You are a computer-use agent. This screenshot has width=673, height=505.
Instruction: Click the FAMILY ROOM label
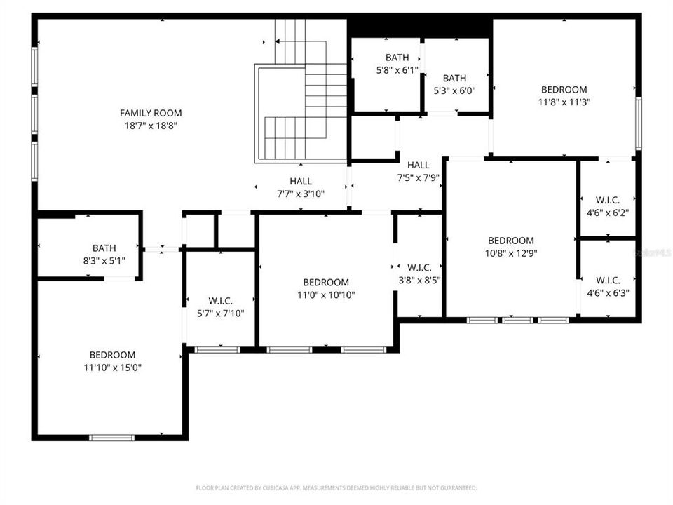click(150, 113)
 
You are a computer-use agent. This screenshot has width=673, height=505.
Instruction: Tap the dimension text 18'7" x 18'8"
click(150, 126)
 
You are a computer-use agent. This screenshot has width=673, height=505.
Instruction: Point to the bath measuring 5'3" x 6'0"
click(454, 84)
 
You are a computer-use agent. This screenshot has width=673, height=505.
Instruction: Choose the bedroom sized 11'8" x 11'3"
click(564, 95)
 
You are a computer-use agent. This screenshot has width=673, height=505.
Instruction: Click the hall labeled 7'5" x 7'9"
click(418, 171)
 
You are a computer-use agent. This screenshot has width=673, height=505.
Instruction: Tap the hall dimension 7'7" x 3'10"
click(301, 194)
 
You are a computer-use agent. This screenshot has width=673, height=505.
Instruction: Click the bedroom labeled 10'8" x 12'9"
click(510, 246)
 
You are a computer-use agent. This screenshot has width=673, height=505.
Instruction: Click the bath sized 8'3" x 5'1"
click(104, 254)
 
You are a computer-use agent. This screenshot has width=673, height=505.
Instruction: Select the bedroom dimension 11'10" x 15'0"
click(112, 367)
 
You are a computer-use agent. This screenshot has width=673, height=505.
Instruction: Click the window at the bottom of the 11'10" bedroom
click(111, 438)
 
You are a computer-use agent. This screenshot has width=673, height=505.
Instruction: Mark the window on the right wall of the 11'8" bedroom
click(638, 123)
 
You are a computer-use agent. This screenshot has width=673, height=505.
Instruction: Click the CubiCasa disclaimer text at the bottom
click(336, 487)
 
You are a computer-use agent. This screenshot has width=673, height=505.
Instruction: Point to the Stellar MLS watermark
click(651, 250)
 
